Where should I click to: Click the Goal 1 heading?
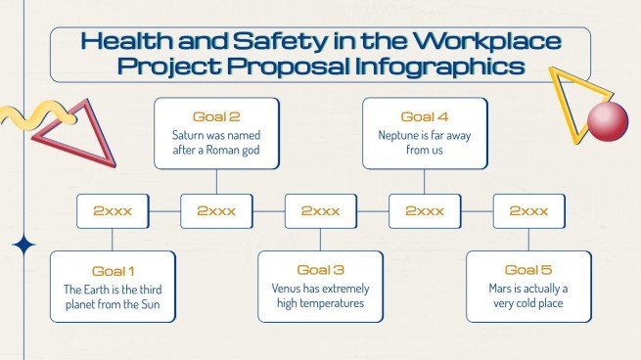113,270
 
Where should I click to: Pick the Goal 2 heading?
216,116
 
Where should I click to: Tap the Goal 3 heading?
320,270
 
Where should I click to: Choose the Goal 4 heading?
425,116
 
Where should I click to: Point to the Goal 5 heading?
528,270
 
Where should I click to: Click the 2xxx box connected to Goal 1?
113,210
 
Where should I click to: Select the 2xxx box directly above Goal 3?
320,210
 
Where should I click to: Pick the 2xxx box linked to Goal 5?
528,210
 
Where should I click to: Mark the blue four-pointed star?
22,246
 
